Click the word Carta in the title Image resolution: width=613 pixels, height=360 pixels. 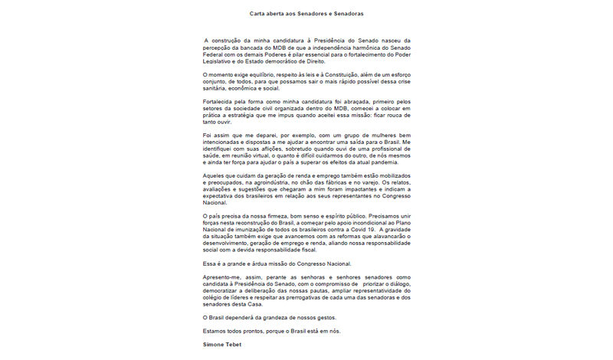259,14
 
